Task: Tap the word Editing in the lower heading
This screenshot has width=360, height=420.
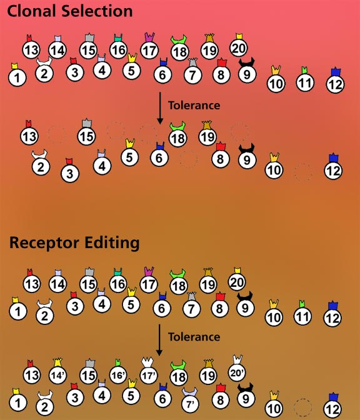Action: pos(112,244)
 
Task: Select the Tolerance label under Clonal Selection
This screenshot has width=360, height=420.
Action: pos(194,105)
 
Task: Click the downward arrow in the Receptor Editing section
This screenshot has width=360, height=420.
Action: pos(159,340)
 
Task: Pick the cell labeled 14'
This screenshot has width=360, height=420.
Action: pos(57,375)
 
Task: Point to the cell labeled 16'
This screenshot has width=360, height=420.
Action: pos(118,375)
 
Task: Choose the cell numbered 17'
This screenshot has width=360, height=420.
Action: pos(149,376)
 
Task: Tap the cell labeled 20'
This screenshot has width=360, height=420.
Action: pos(237,372)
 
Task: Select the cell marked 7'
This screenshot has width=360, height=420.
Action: pos(191,403)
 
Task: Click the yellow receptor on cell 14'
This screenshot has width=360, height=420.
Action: pos(57,362)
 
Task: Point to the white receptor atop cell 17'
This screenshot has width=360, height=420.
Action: pos(147,362)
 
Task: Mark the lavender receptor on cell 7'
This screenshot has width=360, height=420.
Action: pos(189,392)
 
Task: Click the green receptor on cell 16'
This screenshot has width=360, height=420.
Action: pos(118,362)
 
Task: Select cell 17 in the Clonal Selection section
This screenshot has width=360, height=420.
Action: pos(149,50)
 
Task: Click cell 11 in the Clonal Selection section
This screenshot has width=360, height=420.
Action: pos(305,82)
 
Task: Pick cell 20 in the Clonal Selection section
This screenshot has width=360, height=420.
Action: pos(238,47)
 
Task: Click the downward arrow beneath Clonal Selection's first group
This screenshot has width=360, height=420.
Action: pos(160,108)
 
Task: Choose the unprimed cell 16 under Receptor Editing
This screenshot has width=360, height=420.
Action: pos(118,284)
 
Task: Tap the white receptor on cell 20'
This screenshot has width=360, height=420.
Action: pos(237,359)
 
